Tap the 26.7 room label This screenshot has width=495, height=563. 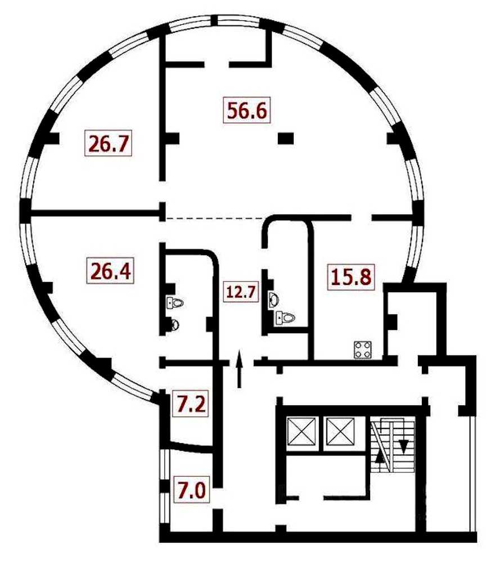109,144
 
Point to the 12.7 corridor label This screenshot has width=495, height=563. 241,292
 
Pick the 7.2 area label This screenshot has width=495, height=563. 191,404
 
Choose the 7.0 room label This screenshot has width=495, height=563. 191,489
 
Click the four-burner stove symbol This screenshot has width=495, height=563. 363,350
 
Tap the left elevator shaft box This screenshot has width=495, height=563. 301,432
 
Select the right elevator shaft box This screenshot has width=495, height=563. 339,432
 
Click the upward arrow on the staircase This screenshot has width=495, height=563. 380,456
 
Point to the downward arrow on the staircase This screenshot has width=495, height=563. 404,446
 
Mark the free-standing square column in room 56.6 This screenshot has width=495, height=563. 286,138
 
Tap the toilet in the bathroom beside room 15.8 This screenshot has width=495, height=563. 285,318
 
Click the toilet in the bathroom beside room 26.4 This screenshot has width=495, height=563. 175,303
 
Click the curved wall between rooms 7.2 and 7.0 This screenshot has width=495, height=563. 191,447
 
